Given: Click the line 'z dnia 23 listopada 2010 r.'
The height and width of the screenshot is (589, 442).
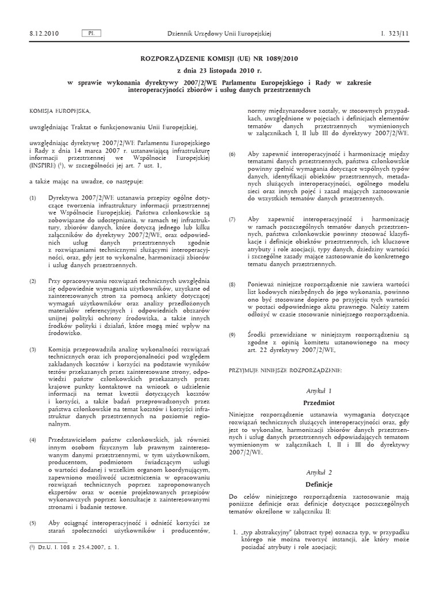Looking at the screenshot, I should click(221, 70).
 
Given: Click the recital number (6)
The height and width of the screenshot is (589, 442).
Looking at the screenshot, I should click(233, 154).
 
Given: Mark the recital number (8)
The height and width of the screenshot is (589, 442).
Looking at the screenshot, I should click(233, 284).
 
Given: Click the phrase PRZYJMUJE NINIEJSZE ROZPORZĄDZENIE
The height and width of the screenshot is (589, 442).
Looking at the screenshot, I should click(285, 370).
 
